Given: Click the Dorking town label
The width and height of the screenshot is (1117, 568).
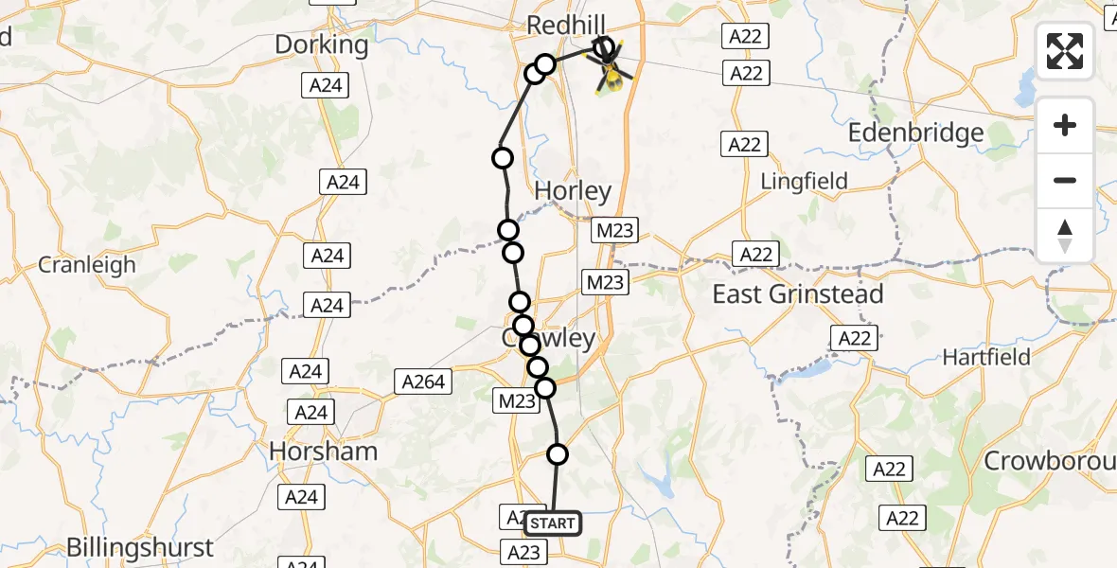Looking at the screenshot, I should [321, 44].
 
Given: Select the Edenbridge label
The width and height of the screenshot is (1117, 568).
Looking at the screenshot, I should [915, 133].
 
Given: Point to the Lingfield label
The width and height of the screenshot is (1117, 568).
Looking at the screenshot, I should [805, 181].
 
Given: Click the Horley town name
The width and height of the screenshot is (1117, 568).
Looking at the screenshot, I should [573, 191].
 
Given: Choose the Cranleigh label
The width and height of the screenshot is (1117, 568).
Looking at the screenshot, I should [87, 265].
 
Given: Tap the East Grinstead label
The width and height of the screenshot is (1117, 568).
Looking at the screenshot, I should [797, 294].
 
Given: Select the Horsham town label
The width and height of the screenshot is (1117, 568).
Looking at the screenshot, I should [324, 452].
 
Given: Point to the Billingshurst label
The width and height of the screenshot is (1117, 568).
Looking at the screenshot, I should [139, 547].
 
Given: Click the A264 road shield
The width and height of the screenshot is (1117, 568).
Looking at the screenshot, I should [423, 382].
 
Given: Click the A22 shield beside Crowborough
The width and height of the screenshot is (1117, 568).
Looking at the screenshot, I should [889, 468].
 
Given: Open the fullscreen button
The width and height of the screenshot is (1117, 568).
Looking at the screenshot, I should [1065, 51].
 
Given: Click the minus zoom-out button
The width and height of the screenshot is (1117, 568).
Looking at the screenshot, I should [1065, 181].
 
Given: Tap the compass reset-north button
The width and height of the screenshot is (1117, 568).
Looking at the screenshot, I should [1065, 236].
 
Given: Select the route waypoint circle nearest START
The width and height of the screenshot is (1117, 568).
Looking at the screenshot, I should [558, 454].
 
